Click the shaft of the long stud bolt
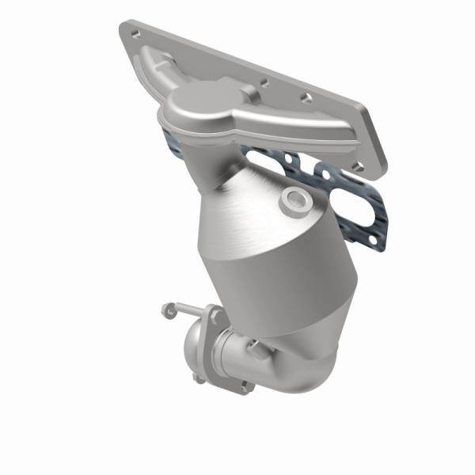(190, 310)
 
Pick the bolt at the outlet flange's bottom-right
(246, 387)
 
